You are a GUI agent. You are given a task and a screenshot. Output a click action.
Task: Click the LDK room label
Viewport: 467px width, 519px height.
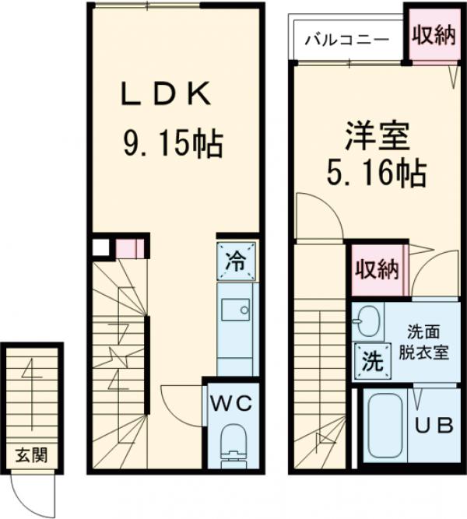coord(165,96)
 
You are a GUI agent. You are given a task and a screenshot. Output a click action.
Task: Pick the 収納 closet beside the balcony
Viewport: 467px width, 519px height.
coord(433,36)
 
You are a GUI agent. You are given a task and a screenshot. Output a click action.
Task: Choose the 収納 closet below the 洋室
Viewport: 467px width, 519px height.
coord(377,269)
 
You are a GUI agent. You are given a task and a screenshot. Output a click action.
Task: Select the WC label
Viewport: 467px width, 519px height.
coord(233,403)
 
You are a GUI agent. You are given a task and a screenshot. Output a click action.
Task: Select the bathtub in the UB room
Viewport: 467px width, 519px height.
coord(384,427)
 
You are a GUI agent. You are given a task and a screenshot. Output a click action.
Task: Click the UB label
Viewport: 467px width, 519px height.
coord(433,426)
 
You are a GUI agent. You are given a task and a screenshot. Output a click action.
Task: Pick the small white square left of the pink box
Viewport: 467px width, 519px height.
coord(100,248)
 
